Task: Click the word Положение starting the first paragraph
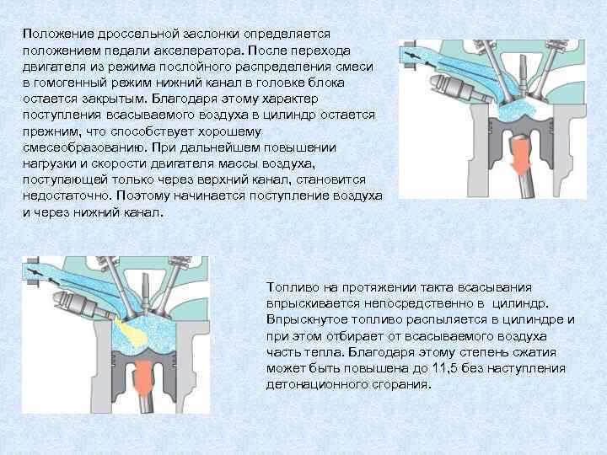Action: [58, 35]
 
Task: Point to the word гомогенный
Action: [71, 83]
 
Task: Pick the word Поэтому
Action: [143, 195]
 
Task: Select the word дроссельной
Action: [138, 35]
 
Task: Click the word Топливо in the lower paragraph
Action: [293, 287]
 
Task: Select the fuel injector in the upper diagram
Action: [461, 88]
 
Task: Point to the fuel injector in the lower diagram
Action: [83, 304]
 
